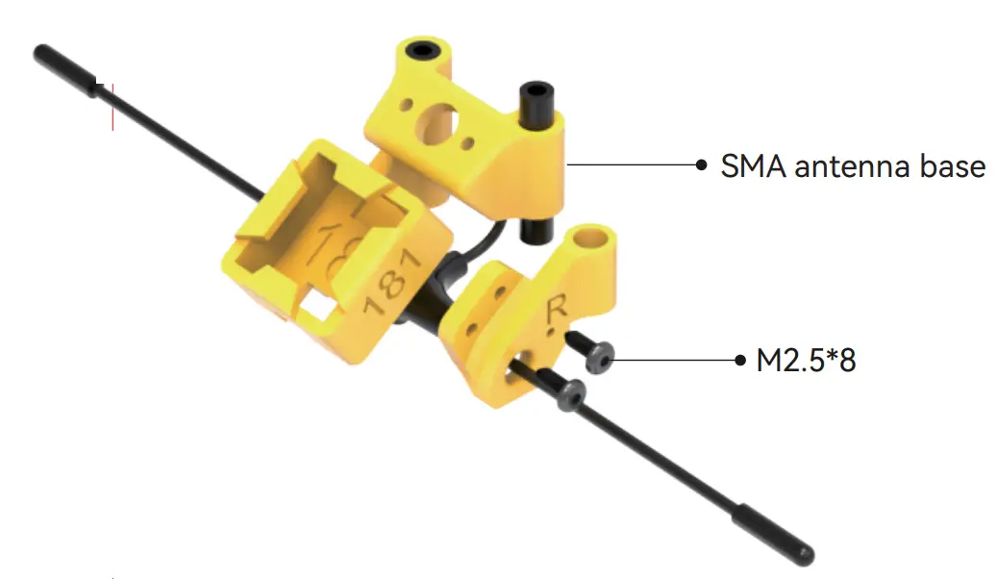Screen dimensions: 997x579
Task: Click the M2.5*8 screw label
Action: [x=807, y=361]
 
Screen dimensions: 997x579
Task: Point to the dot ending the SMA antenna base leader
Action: [x=701, y=164]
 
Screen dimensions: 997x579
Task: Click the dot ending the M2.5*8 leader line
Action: [x=739, y=360]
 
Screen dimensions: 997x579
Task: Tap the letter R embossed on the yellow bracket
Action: [x=557, y=311]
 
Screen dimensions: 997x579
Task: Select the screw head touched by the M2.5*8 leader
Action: [x=600, y=358]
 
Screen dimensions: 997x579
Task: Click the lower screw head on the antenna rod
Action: [x=571, y=393]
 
